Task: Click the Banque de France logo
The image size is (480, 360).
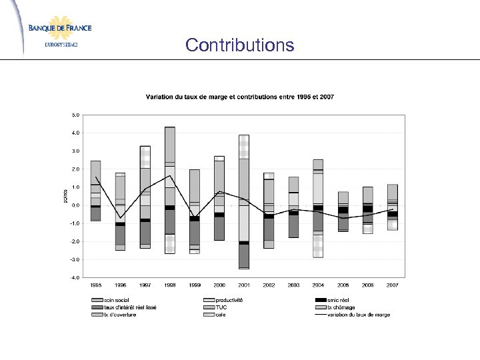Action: point(60,30)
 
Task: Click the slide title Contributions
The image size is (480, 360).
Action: point(239,45)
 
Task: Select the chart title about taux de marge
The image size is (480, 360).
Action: point(240,97)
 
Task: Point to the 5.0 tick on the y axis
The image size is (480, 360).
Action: point(75,115)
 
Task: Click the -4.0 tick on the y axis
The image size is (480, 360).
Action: point(75,277)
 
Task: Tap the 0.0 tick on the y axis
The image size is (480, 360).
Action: point(75,205)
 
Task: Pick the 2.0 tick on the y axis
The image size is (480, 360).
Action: point(75,169)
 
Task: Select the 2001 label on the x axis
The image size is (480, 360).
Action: point(243,285)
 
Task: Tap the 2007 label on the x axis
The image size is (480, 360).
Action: point(391,285)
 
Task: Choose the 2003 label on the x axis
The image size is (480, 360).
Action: point(293,285)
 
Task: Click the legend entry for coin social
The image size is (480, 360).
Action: point(117,300)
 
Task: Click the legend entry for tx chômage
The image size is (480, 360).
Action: point(341,307)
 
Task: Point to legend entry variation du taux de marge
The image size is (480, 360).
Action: point(353,315)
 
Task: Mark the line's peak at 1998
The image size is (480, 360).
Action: point(170,176)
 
